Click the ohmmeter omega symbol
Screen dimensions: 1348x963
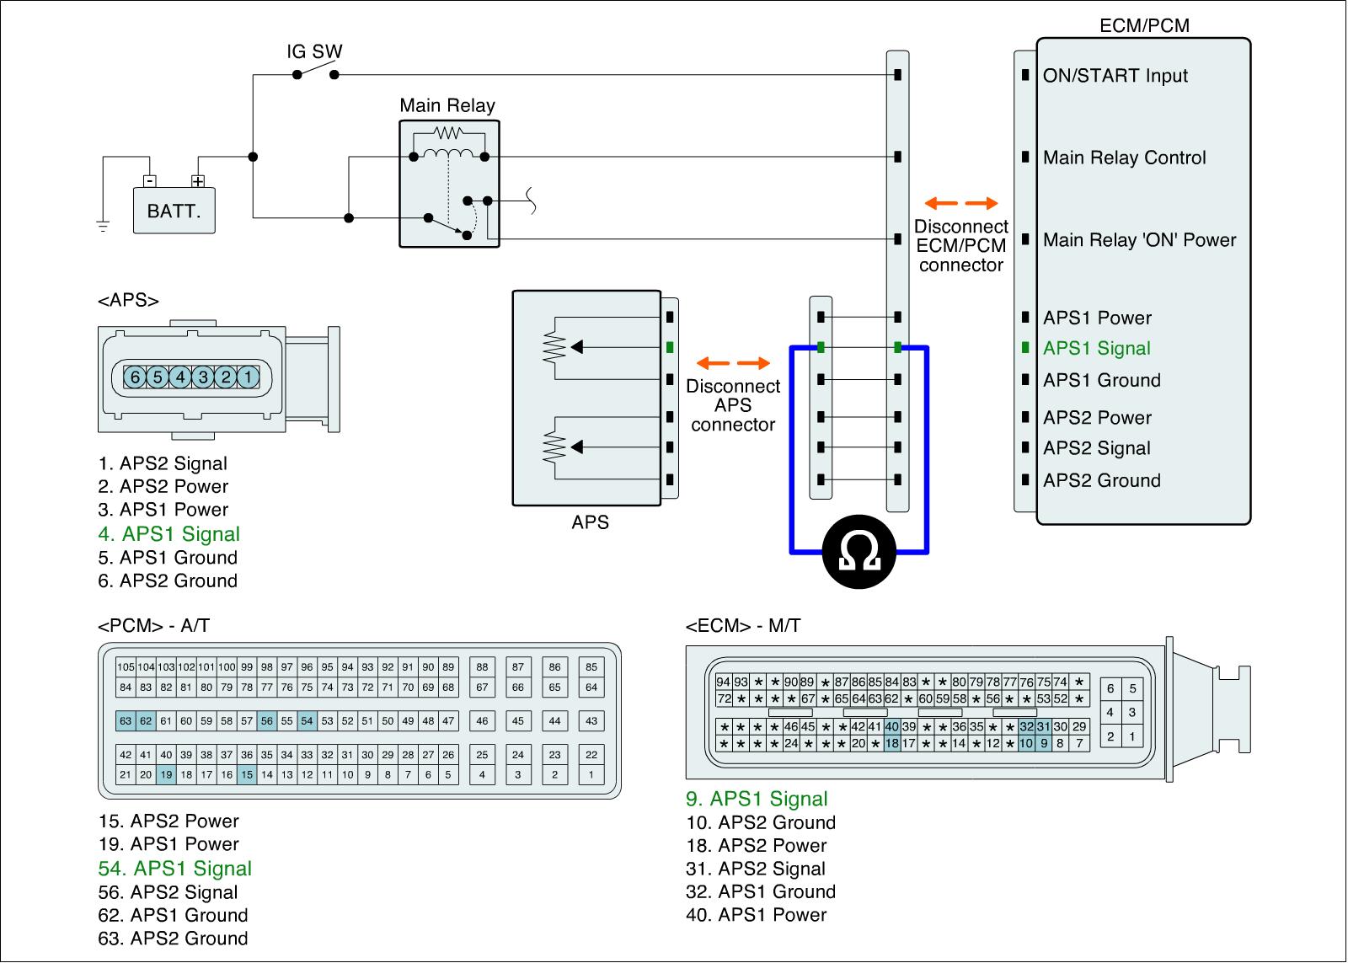pos(859,551)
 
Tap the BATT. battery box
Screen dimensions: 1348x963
pos(174,211)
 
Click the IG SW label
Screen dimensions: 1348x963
pos(314,51)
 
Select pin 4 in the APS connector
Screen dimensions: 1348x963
pos(180,377)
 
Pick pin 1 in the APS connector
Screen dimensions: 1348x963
pos(248,377)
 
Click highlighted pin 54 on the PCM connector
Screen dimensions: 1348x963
pos(307,720)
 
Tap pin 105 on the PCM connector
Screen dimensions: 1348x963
pos(126,667)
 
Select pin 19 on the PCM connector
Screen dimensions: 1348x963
pos(166,774)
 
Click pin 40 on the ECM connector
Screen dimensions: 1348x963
pos(892,726)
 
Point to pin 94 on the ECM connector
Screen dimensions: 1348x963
pos(724,682)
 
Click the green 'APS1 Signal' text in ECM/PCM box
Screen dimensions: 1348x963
pos(1096,348)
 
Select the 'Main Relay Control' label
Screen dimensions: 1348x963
pos(1124,158)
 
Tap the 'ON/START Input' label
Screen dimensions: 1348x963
pos(1115,76)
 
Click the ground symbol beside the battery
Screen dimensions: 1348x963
pos(103,227)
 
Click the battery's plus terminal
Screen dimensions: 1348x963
pos(198,181)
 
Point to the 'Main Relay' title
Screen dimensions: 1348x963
pos(447,106)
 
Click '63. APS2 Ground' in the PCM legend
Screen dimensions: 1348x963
pos(173,939)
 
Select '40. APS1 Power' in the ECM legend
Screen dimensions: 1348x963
pos(757,915)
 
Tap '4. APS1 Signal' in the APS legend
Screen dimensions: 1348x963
pos(169,534)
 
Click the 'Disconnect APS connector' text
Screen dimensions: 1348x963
pos(733,405)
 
